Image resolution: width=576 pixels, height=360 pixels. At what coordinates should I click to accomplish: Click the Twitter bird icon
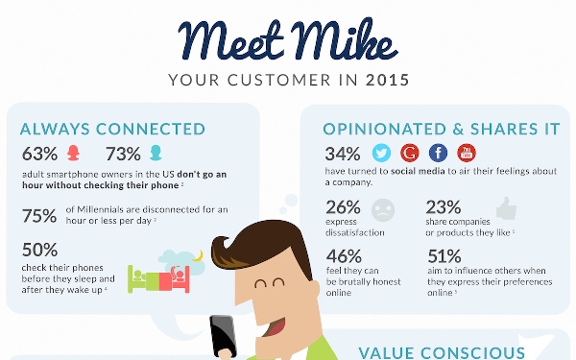[x=381, y=154]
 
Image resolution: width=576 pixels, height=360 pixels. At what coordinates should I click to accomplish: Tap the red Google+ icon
[x=410, y=154]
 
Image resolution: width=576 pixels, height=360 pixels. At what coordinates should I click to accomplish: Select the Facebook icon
[x=439, y=154]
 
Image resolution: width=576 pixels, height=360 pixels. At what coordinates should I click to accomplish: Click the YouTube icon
[x=467, y=154]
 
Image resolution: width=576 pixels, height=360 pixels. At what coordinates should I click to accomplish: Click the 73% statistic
[x=123, y=154]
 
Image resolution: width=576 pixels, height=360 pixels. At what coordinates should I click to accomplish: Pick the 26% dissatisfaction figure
[x=343, y=206]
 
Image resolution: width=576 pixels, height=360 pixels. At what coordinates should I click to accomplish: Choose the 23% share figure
[x=443, y=206]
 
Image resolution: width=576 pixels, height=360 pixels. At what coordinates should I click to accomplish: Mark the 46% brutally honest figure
[x=343, y=256]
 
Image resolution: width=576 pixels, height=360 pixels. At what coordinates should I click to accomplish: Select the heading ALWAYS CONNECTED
[x=112, y=129]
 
